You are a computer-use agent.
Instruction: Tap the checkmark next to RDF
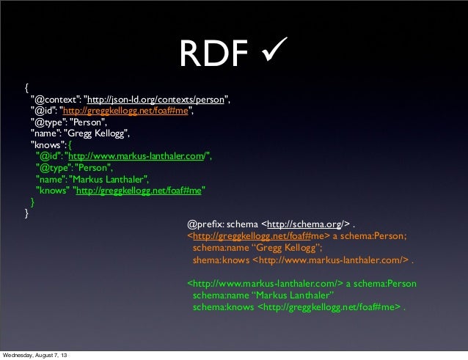(x=271, y=51)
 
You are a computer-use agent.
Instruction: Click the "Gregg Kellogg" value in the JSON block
(x=98, y=133)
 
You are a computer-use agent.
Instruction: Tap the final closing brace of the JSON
(x=27, y=214)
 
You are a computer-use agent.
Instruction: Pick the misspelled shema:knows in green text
(x=221, y=260)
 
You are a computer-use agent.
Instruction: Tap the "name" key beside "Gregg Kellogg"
(x=45, y=133)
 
